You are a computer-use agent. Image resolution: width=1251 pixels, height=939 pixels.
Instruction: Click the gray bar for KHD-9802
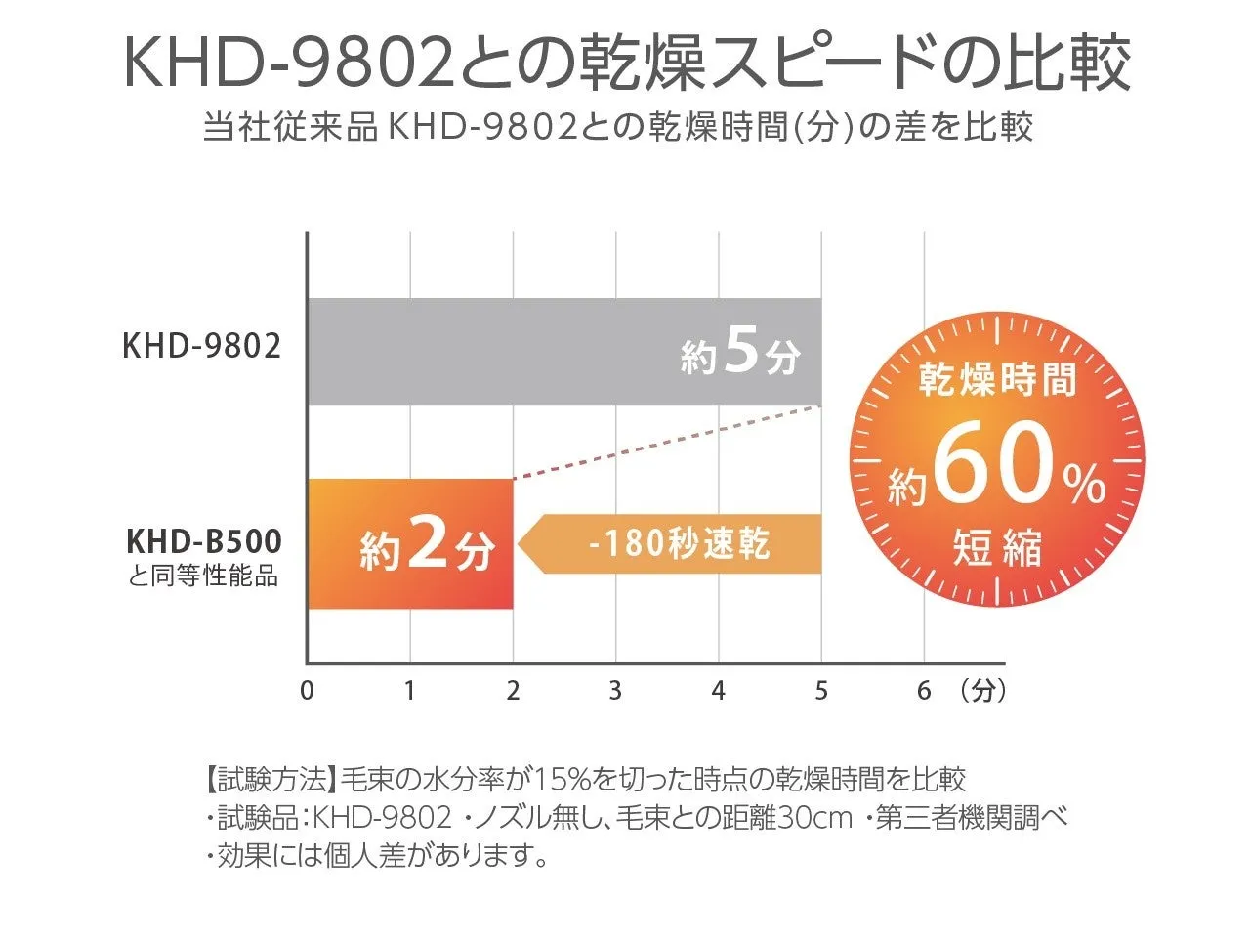(488, 352)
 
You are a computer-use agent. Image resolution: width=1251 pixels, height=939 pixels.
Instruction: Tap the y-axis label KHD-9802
(202, 346)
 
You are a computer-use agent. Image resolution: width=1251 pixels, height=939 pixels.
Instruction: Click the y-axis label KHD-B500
(203, 541)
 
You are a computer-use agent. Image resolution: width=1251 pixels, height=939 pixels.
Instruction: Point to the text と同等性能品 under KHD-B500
(203, 576)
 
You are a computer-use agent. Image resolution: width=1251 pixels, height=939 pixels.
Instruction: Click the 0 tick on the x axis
(308, 691)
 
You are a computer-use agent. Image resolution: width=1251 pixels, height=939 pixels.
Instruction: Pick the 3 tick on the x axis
(615, 691)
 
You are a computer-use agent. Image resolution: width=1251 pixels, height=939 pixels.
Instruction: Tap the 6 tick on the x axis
(924, 691)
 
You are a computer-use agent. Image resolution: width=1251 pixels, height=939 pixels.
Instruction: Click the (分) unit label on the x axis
(982, 691)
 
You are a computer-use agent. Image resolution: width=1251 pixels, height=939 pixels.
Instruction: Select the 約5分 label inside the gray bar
(741, 354)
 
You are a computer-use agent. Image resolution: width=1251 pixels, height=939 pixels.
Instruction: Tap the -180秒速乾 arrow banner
(674, 543)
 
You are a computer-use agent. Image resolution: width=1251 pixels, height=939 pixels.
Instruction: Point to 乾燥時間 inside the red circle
(997, 379)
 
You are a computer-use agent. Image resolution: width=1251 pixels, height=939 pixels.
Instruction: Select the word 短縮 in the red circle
(997, 548)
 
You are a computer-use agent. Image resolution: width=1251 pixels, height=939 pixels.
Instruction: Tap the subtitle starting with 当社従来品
(617, 128)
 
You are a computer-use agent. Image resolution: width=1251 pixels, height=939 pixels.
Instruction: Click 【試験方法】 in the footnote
(271, 780)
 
